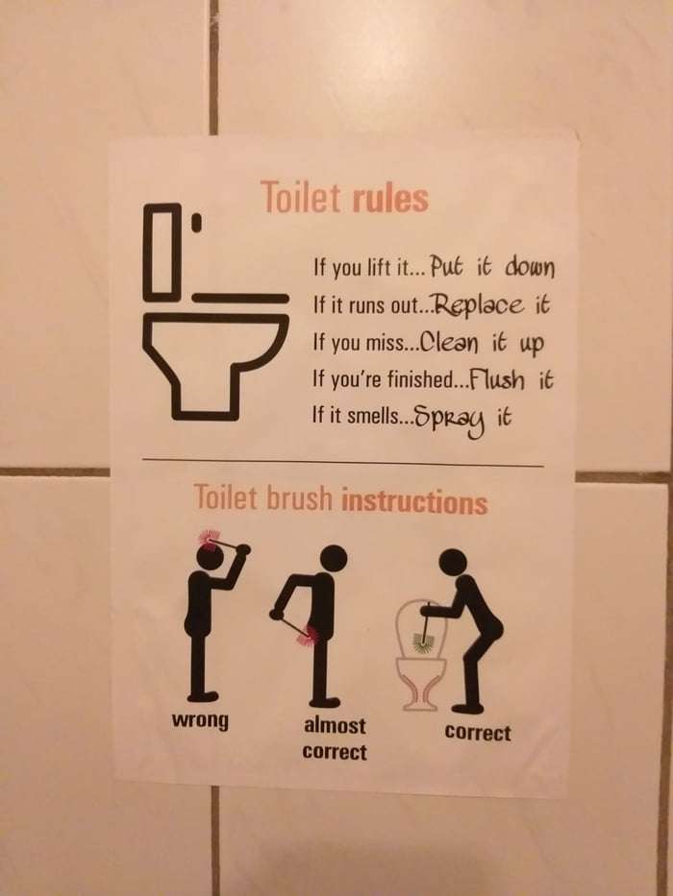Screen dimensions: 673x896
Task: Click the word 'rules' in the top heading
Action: click(x=389, y=198)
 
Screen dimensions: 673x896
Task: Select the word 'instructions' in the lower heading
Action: click(x=414, y=501)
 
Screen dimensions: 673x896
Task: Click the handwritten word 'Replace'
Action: click(x=480, y=305)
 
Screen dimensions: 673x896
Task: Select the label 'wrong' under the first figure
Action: click(x=200, y=721)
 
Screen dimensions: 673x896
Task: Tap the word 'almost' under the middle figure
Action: click(x=335, y=726)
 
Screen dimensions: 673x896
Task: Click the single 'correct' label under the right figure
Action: click(x=477, y=733)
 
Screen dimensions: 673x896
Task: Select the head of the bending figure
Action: click(x=453, y=563)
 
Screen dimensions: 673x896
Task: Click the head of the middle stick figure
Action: click(x=334, y=559)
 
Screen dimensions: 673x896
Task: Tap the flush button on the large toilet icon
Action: click(x=196, y=222)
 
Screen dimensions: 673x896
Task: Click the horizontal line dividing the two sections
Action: click(x=342, y=462)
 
